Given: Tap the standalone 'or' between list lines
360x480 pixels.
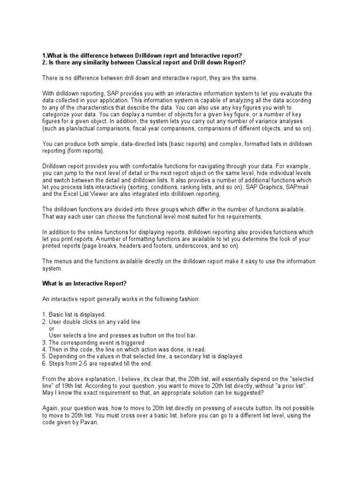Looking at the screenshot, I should tap(52, 328).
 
